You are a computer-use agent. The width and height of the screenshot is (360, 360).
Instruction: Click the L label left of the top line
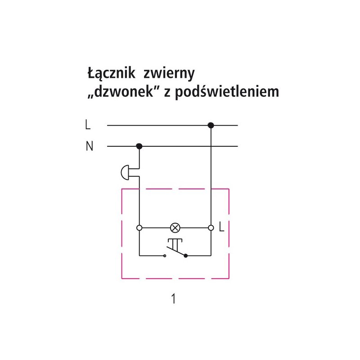pyautogui.click(x=87, y=125)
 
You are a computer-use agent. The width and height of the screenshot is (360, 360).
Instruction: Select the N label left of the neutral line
pyautogui.click(x=89, y=147)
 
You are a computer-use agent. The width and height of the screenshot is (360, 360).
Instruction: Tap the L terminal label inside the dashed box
pyautogui.click(x=221, y=228)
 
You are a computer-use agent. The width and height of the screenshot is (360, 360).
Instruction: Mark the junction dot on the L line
pyautogui.click(x=211, y=125)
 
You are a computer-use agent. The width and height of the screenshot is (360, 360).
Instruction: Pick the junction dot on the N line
pyautogui.click(x=139, y=146)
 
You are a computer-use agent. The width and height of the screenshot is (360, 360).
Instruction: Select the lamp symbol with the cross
pyautogui.click(x=176, y=228)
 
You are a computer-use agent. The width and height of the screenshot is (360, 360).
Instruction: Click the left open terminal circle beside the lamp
pyautogui.click(x=139, y=228)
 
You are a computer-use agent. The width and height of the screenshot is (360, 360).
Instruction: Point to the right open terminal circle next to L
pyautogui.click(x=211, y=228)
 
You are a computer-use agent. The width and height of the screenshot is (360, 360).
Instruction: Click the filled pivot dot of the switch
pyautogui.click(x=185, y=256)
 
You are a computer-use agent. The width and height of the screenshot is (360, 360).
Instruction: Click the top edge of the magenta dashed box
pyautogui.click(x=175, y=189)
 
